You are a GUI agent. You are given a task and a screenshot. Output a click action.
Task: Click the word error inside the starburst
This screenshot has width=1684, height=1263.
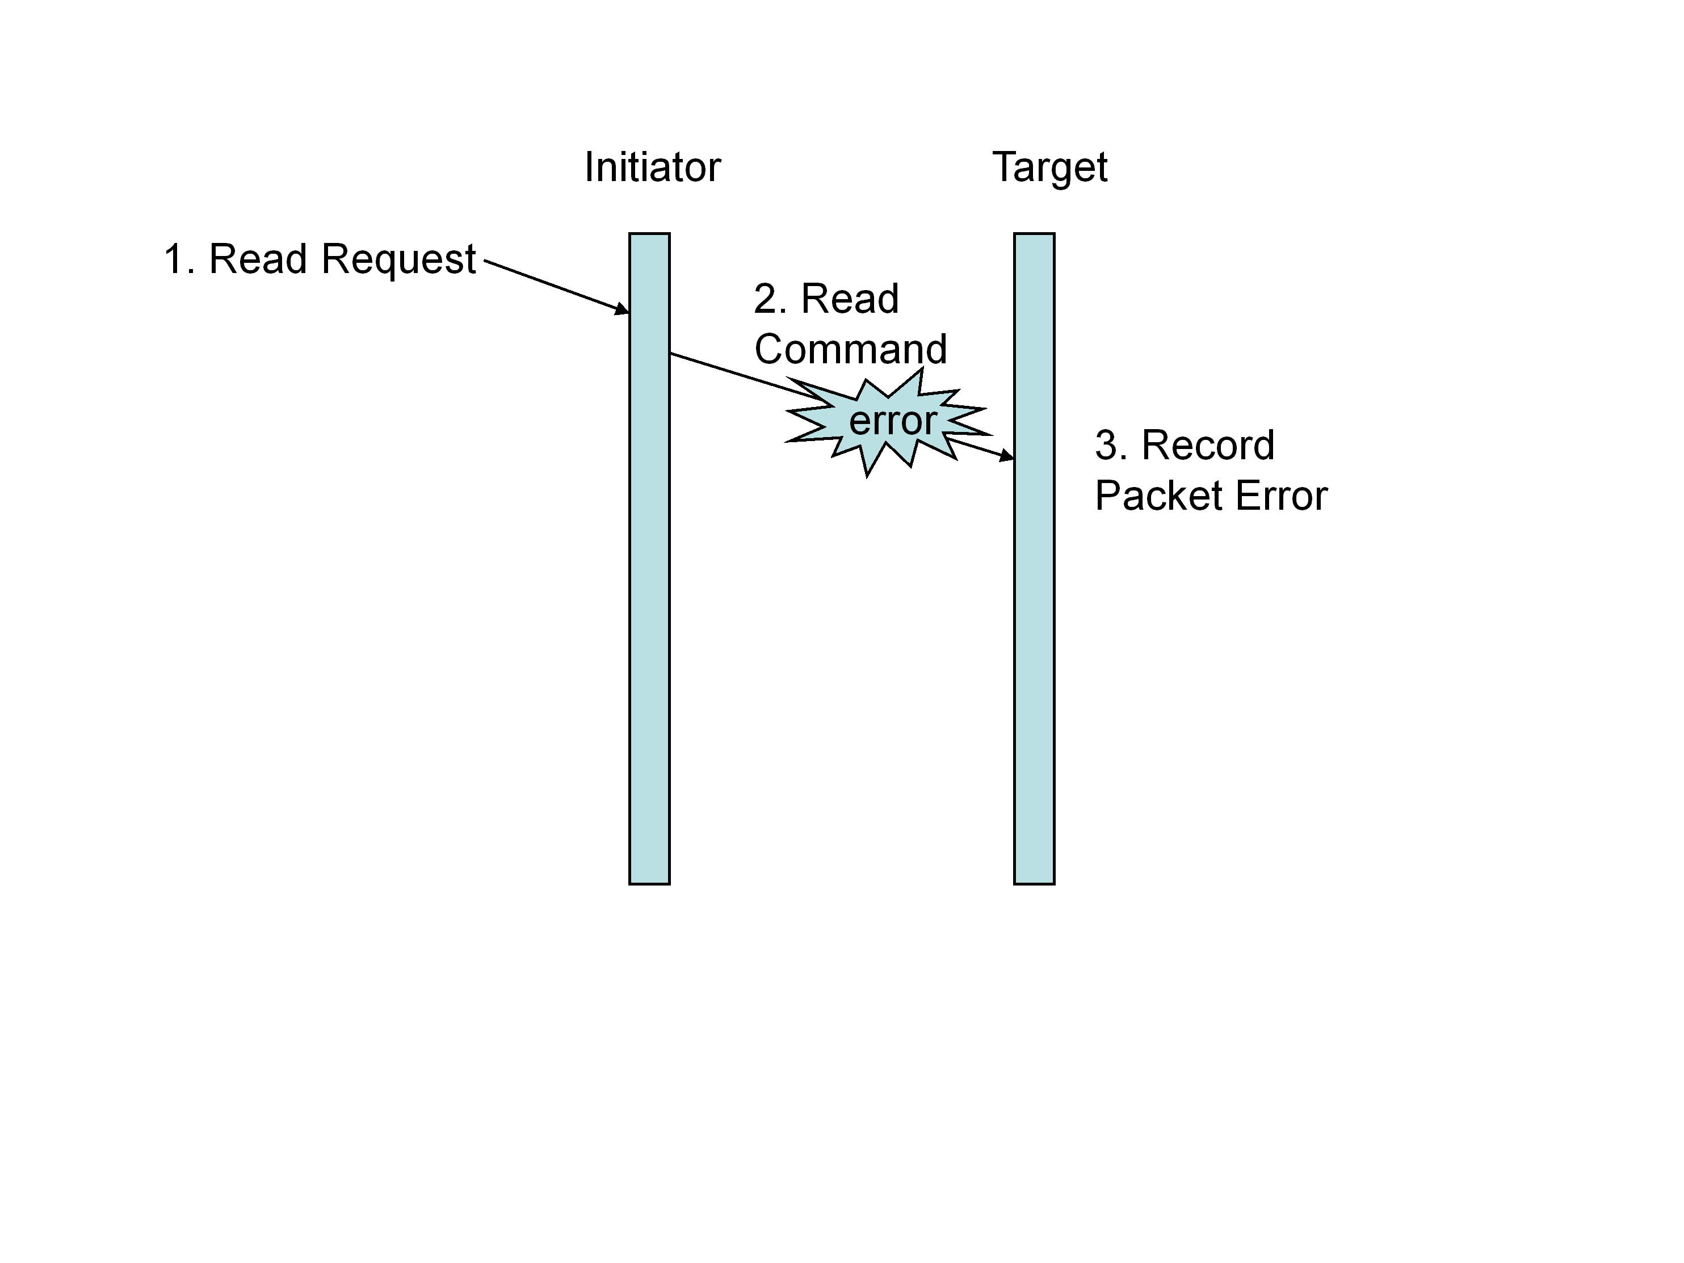pyautogui.click(x=892, y=421)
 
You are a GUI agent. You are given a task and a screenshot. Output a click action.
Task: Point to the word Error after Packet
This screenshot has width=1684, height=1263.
pyautogui.click(x=1281, y=496)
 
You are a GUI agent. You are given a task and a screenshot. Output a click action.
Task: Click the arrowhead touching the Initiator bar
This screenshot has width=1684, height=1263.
pyautogui.click(x=622, y=309)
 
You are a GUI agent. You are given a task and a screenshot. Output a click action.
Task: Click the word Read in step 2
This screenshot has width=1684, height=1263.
pyautogui.click(x=850, y=299)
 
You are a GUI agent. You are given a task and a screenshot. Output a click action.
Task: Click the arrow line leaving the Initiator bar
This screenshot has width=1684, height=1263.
pyautogui.click(x=731, y=372)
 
